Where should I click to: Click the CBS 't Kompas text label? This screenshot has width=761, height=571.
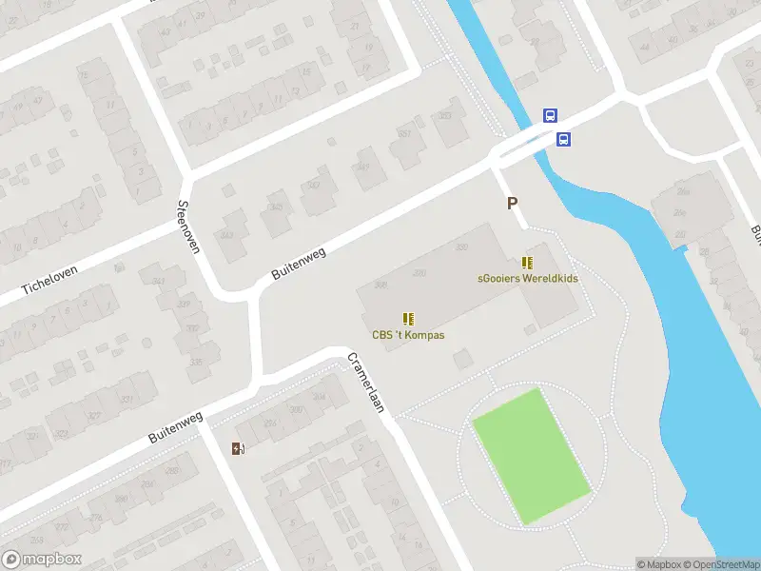coord(408,335)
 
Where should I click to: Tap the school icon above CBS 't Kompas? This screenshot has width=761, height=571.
coord(408,319)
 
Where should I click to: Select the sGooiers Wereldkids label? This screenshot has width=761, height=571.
coord(528,278)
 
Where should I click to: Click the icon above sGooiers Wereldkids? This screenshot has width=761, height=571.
coord(527,263)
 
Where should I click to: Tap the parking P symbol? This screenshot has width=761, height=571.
coord(512,203)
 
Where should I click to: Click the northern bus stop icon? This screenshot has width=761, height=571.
coord(550,115)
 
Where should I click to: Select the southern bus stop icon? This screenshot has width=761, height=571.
coord(564,139)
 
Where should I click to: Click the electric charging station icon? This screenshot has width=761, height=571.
coord(238,448)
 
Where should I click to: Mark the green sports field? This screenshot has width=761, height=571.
coord(531,454)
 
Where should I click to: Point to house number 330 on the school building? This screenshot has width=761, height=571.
coord(462,247)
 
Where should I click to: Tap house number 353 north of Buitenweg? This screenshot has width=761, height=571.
coord(443,116)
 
